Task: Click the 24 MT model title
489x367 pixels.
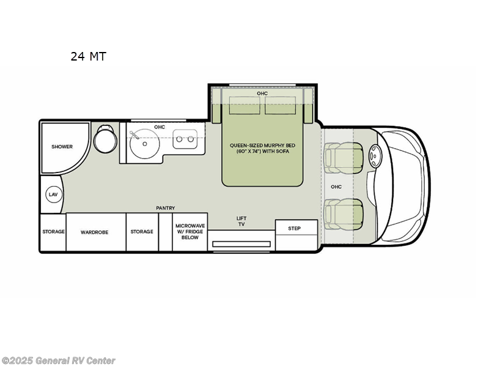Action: click(x=88, y=56)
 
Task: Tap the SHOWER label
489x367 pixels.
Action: click(x=62, y=146)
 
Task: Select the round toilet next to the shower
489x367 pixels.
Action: click(x=105, y=139)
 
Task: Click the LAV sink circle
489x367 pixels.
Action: click(x=53, y=195)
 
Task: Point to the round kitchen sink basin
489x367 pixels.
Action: click(x=144, y=144)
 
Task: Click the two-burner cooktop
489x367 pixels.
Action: click(x=185, y=139)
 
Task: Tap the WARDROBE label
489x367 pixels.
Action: click(x=95, y=232)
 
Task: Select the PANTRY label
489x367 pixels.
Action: click(x=166, y=208)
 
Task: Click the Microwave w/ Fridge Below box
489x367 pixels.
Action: click(x=190, y=232)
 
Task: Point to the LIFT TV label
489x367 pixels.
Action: click(x=241, y=221)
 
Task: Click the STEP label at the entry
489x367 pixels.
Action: click(x=294, y=228)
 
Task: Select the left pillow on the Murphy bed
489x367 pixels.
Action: click(x=244, y=105)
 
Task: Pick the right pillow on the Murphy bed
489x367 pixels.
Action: click(x=280, y=105)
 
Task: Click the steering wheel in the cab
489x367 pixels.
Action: click(x=375, y=156)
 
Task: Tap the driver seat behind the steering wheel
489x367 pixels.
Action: click(x=344, y=158)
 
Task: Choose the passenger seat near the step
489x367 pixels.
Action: click(x=344, y=214)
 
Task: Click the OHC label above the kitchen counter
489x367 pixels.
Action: click(x=160, y=127)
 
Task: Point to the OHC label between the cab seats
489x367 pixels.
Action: click(x=336, y=187)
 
